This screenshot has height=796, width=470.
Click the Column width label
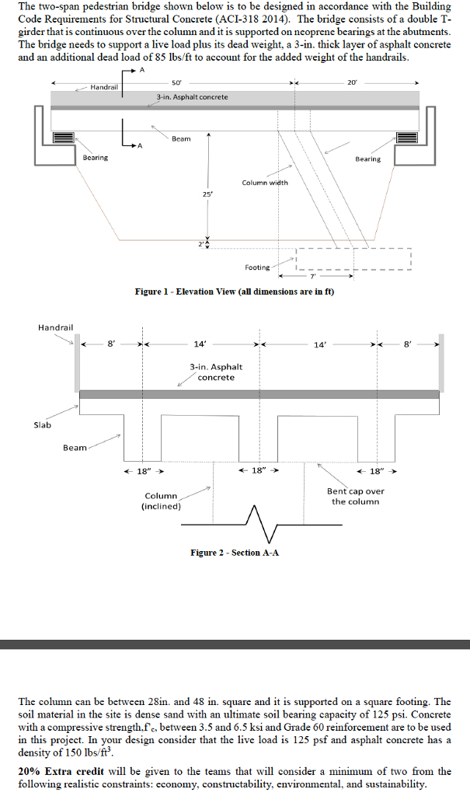point(264,183)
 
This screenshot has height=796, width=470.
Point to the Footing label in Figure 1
point(257,267)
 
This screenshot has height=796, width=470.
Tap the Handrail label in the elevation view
point(104,87)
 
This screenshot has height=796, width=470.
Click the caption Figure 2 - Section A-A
point(235,552)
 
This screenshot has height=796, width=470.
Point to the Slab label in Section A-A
point(43,424)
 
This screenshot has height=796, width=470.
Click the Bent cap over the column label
point(355,496)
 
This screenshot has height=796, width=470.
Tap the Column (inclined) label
point(161,501)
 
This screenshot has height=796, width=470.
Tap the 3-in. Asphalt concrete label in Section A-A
point(215,372)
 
